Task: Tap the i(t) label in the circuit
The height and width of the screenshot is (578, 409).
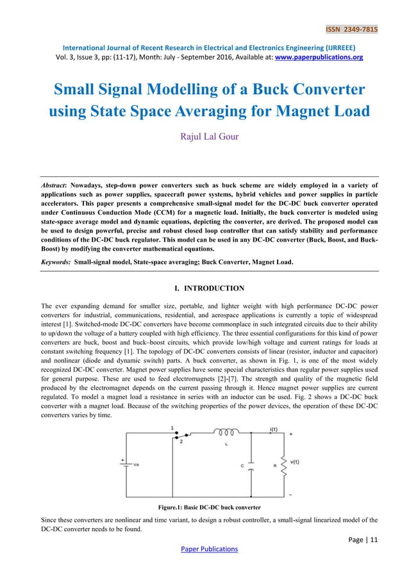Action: point(274,429)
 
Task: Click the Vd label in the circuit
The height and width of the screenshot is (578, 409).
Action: point(136,467)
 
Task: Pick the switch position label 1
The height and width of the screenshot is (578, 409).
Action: point(172,427)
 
